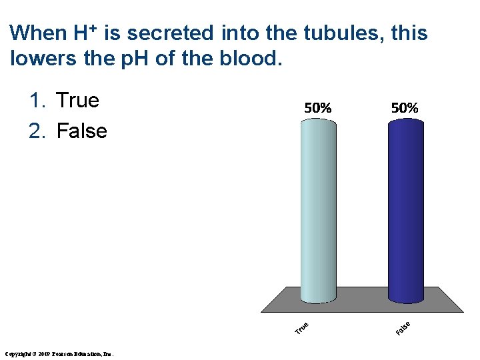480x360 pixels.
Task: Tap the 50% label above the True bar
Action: (318, 107)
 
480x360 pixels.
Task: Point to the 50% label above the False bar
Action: (405, 107)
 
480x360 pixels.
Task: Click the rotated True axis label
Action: (302, 327)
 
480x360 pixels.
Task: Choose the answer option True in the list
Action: (78, 101)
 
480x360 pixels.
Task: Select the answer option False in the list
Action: (82, 131)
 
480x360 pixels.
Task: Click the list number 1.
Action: (37, 101)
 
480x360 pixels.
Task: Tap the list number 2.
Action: (37, 131)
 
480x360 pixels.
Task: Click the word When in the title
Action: (39, 33)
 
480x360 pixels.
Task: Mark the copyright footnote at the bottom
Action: (60, 353)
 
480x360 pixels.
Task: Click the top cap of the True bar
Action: (318, 121)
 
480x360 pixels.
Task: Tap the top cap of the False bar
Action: (405, 121)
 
